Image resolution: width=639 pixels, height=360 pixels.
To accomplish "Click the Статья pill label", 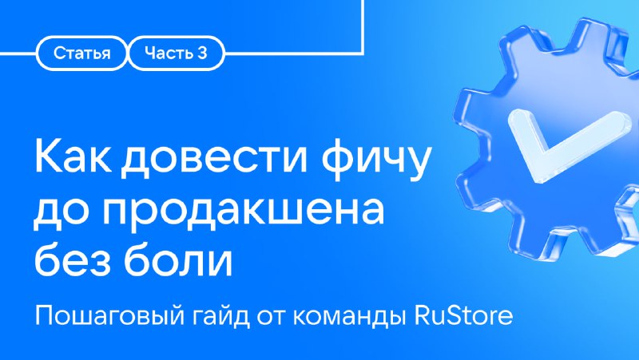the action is click(82, 53).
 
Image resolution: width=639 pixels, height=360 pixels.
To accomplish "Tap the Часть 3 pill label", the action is click(176, 53).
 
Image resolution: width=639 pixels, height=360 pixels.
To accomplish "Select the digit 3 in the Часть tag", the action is click(203, 53).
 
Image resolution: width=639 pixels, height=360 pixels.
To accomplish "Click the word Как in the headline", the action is click(73, 156).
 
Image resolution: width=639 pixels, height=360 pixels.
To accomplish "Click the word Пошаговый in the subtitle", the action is click(110, 316).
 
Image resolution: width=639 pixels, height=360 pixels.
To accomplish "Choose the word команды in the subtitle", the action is click(349, 317).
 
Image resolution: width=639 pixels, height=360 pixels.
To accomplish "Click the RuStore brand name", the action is click(464, 315).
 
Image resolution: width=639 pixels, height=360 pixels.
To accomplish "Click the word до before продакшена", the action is click(63, 212).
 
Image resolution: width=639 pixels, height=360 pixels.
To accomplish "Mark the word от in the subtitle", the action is click(272, 317).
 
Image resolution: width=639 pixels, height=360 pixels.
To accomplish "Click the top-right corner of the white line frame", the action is click(363, 53).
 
